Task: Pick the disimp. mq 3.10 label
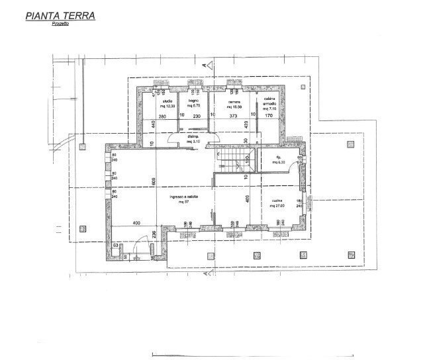point(193,140)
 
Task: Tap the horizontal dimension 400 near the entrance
point(136,222)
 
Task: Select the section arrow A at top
point(207,66)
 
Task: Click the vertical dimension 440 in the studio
point(153,124)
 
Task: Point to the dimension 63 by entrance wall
point(115,245)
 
